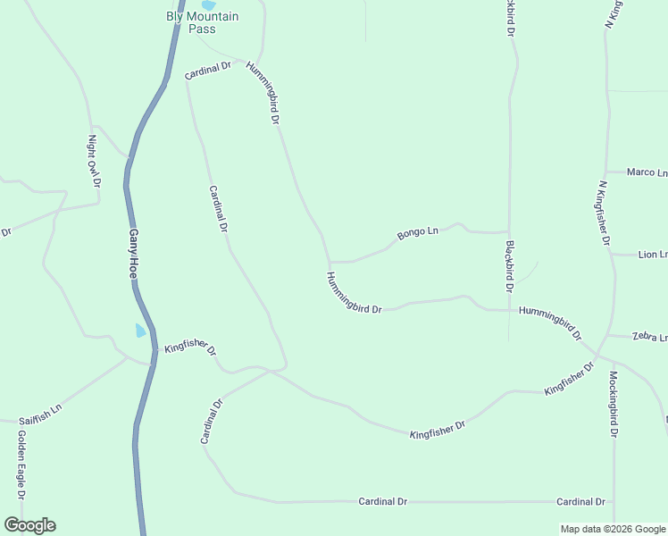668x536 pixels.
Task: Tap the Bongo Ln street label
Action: pyautogui.click(x=418, y=233)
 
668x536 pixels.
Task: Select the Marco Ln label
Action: pyautogui.click(x=647, y=172)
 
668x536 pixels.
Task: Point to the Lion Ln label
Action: pyautogui.click(x=652, y=255)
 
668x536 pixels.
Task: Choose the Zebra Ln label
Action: pyautogui.click(x=649, y=338)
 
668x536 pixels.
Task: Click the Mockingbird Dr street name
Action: pyautogui.click(x=614, y=404)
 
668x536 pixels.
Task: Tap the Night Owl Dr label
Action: pyautogui.click(x=94, y=161)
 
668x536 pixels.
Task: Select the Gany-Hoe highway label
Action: pyautogui.click(x=133, y=255)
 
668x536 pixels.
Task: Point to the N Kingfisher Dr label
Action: pyautogui.click(x=604, y=214)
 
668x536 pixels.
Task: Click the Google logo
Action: pyautogui.click(x=29, y=525)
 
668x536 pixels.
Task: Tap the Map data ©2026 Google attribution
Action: pyautogui.click(x=612, y=529)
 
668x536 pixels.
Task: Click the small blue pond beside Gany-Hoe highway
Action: pyautogui.click(x=140, y=331)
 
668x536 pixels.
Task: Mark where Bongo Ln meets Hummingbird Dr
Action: pyautogui.click(x=331, y=262)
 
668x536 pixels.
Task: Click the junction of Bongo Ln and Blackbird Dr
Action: pyautogui.click(x=509, y=232)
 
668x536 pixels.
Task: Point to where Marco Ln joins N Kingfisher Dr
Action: pyautogui.click(x=607, y=172)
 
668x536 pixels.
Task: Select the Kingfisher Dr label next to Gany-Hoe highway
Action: pyautogui.click(x=190, y=348)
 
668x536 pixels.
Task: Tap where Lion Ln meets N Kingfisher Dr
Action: pyautogui.click(x=612, y=255)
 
